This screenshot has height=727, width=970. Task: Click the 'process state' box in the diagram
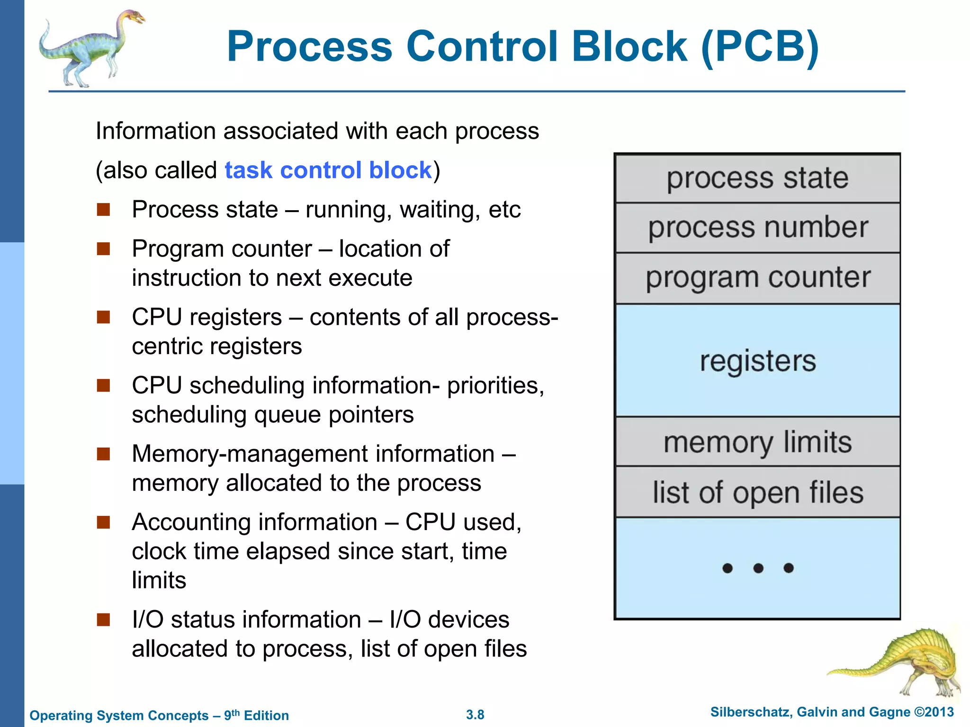tap(757, 178)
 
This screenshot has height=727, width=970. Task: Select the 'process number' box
tap(757, 228)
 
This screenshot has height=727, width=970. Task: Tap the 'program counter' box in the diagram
tap(757, 278)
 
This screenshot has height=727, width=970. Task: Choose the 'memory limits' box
tap(757, 442)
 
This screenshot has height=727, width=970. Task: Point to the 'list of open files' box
tap(757, 492)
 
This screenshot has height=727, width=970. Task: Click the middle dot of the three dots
tap(758, 568)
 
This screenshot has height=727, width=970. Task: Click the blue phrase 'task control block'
tap(328, 170)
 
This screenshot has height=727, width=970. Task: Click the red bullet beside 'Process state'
tap(103, 210)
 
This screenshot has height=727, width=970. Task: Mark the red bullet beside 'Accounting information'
tap(103, 523)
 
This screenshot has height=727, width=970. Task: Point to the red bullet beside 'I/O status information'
tap(103, 620)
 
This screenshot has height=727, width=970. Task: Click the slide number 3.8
tap(475, 715)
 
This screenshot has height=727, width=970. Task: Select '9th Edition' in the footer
tap(256, 715)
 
